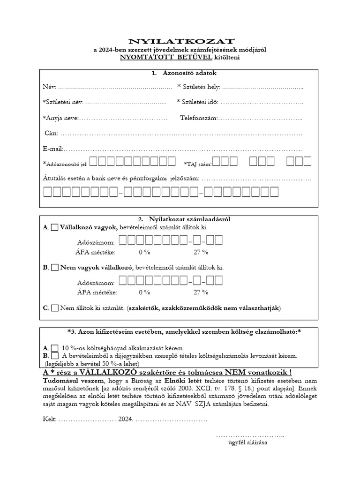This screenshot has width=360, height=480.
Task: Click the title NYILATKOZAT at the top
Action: point(180,42)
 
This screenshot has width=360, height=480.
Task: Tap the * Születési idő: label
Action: point(197,102)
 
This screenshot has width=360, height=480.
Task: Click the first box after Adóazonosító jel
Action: point(93,162)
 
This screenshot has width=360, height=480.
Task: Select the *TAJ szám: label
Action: point(198,164)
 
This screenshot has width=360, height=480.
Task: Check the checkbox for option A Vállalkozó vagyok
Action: point(54,227)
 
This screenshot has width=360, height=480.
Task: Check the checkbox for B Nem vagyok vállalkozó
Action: point(54,268)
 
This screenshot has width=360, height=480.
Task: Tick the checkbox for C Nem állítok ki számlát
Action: point(54,308)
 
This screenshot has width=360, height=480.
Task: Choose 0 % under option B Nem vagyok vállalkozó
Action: point(144,292)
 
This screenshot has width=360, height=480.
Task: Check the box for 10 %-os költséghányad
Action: point(54,348)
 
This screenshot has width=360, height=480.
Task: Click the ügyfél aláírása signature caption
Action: point(247,442)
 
